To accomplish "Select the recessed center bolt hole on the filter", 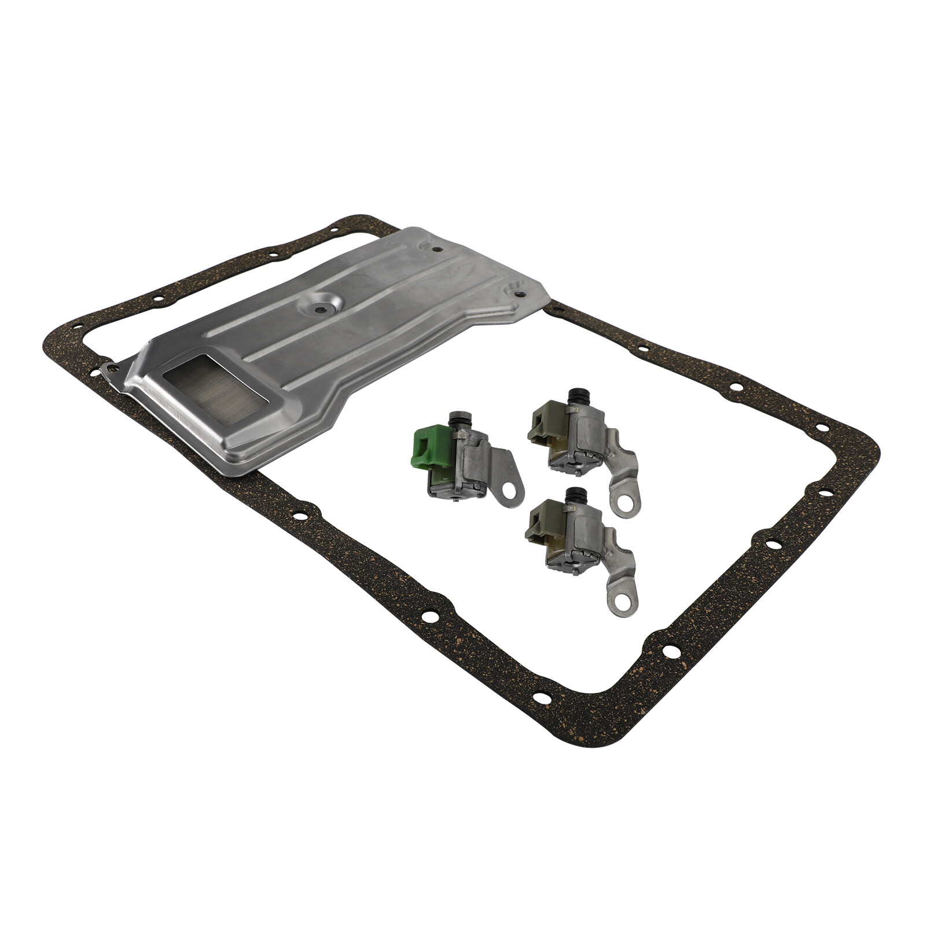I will coord(318,309).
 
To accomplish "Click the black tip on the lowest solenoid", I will coord(574,495).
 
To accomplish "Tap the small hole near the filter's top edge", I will coord(436,250).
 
